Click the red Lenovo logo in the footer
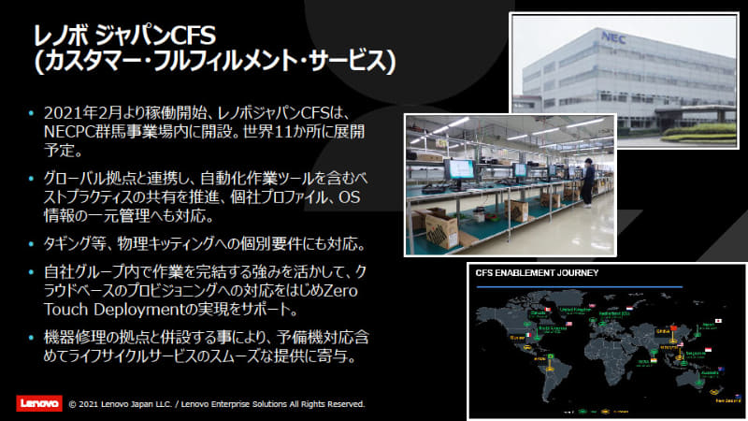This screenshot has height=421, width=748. pyautogui.click(x=38, y=404)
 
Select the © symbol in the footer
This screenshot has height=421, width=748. pyautogui.click(x=73, y=404)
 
